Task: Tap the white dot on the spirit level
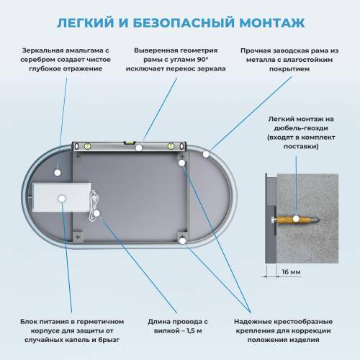click(139, 148)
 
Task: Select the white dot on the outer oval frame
click(206, 153)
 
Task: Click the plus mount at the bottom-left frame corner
click(76, 235)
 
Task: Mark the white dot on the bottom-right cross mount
click(184, 240)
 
